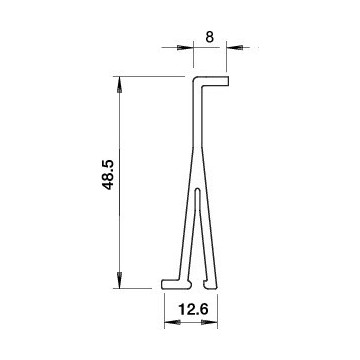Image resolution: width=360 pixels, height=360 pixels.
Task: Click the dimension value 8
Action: pyautogui.click(x=209, y=37)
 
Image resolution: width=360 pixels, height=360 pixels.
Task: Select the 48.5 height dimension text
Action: pyautogui.click(x=108, y=175)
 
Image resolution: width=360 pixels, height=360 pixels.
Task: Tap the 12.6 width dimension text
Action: pyautogui.click(x=193, y=310)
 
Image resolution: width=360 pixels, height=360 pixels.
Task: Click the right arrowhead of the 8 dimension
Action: pyautogui.click(x=235, y=47)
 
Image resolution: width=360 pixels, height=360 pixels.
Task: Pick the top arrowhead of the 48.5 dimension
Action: pyautogui.click(x=120, y=85)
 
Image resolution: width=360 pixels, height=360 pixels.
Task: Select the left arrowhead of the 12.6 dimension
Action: pyautogui.click(x=173, y=322)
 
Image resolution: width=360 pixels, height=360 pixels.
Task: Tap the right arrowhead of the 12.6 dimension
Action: pyautogui.click(x=209, y=322)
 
